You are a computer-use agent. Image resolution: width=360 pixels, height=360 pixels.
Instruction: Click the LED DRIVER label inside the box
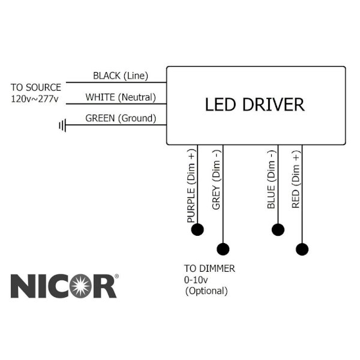click(x=254, y=104)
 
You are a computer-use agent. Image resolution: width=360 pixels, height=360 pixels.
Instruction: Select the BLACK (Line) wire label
click(x=121, y=76)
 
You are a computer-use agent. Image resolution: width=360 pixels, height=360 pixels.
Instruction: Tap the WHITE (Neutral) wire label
click(x=121, y=97)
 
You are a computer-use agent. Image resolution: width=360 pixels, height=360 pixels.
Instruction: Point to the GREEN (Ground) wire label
click(x=121, y=118)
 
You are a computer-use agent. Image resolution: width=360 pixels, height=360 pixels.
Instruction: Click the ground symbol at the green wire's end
click(x=62, y=125)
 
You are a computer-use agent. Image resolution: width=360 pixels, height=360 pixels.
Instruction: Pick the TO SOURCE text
click(x=36, y=88)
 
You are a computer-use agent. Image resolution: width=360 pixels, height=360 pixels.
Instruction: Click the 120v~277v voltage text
click(x=35, y=99)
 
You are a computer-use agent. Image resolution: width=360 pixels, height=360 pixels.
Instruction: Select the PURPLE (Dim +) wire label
click(x=191, y=186)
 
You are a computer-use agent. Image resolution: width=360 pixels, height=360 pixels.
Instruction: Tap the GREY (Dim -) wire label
click(x=216, y=180)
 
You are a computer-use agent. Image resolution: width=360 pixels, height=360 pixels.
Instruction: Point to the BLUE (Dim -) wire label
click(x=271, y=179)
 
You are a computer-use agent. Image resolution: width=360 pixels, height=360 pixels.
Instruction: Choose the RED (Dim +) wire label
click(x=296, y=179)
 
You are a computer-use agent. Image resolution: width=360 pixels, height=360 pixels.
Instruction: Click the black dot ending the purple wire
click(x=197, y=229)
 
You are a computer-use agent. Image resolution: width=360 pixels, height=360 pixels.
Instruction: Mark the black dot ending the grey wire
click(x=223, y=249)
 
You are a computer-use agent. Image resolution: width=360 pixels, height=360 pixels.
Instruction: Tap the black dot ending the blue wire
click(x=278, y=230)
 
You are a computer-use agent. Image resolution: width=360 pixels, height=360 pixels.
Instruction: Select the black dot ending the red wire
click(x=302, y=249)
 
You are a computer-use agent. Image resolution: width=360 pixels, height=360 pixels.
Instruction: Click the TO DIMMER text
click(x=209, y=269)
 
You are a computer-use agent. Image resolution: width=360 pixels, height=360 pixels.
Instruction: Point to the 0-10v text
click(x=196, y=280)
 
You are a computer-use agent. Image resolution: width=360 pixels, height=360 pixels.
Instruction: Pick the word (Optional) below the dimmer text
click(x=206, y=291)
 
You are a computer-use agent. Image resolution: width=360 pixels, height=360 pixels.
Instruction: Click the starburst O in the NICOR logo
click(x=80, y=286)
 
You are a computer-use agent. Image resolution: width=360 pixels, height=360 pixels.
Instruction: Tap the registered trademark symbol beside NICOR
click(x=116, y=276)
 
